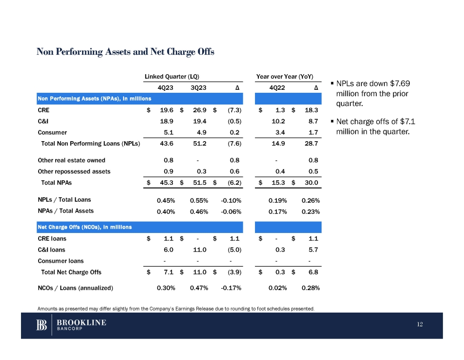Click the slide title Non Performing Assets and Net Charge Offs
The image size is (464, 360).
[x=126, y=52]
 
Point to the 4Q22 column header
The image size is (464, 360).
[x=277, y=88]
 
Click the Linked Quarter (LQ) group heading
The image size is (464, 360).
[x=171, y=77]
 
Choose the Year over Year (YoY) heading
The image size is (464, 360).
[x=284, y=77]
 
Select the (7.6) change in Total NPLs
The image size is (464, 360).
[x=233, y=144]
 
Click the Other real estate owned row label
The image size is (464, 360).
[x=71, y=160]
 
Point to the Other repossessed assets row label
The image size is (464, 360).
[x=74, y=171]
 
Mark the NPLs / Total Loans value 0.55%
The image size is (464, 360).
[x=199, y=200]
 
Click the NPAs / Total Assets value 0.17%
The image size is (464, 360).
[x=277, y=212]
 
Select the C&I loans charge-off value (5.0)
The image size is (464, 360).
[x=233, y=250]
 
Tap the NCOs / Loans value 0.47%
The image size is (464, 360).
[x=199, y=288]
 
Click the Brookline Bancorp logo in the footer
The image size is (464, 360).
[x=71, y=325]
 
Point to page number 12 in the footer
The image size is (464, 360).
[x=421, y=325]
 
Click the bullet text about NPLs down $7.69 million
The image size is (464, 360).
[x=373, y=94]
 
